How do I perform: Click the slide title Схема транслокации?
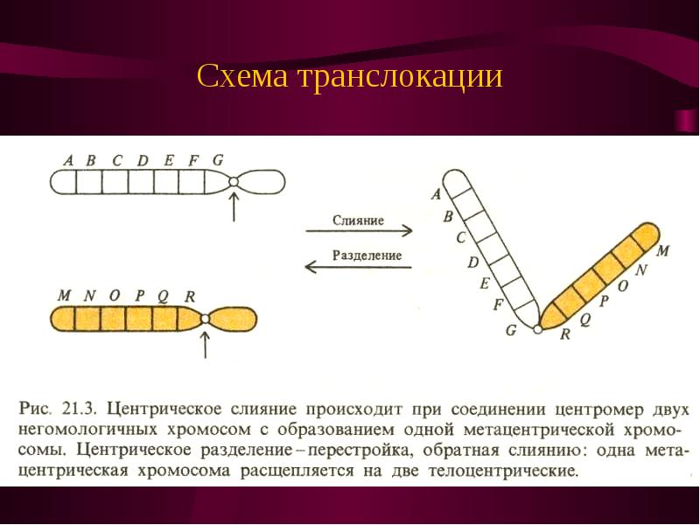click(350, 76)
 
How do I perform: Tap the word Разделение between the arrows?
click(367, 256)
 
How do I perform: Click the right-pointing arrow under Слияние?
click(359, 232)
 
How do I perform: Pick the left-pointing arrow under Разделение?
click(359, 269)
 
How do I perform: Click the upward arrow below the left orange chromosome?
click(206, 343)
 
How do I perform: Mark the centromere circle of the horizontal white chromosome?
click(234, 182)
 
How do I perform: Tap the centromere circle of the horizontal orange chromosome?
click(205, 318)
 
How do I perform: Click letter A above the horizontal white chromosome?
click(68, 160)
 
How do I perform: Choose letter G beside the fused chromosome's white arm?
click(511, 330)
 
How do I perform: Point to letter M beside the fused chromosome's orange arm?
click(662, 252)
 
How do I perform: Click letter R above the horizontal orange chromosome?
click(190, 297)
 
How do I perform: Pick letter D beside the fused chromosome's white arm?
click(472, 262)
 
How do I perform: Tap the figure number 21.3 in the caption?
click(81, 409)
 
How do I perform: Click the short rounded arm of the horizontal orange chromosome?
click(233, 318)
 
